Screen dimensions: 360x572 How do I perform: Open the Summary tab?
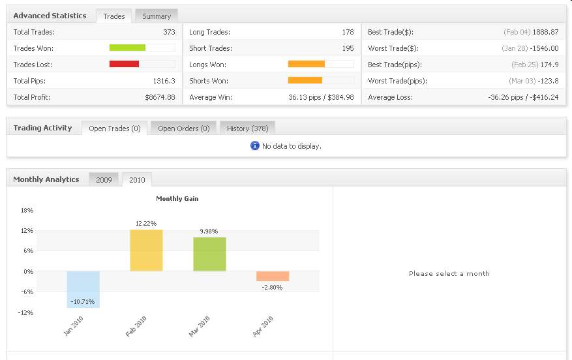tap(157, 16)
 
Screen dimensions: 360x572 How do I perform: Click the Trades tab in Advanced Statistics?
tap(114, 16)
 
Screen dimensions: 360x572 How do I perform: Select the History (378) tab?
tap(247, 128)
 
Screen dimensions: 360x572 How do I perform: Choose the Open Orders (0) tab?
tap(184, 128)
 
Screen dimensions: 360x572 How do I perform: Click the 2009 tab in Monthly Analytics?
tap(104, 179)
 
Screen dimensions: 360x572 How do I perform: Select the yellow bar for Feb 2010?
tap(146, 250)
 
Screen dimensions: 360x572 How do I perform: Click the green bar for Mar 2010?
tap(209, 254)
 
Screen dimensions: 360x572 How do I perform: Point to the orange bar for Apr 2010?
tap(273, 276)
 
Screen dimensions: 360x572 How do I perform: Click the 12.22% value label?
tap(146, 224)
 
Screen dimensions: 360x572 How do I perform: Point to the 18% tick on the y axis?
tap(27, 210)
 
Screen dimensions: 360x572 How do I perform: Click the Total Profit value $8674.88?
tap(160, 97)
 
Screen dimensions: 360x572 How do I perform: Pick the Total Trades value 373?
tap(169, 32)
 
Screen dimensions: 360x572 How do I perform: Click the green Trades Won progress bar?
tap(127, 48)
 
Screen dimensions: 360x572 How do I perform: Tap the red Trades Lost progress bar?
tap(124, 64)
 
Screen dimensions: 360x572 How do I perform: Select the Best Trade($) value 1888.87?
tap(545, 32)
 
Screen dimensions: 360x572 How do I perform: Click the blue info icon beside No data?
tap(255, 145)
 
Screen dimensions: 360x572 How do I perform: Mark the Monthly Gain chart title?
tap(177, 199)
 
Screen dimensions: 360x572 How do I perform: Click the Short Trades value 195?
tap(348, 48)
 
